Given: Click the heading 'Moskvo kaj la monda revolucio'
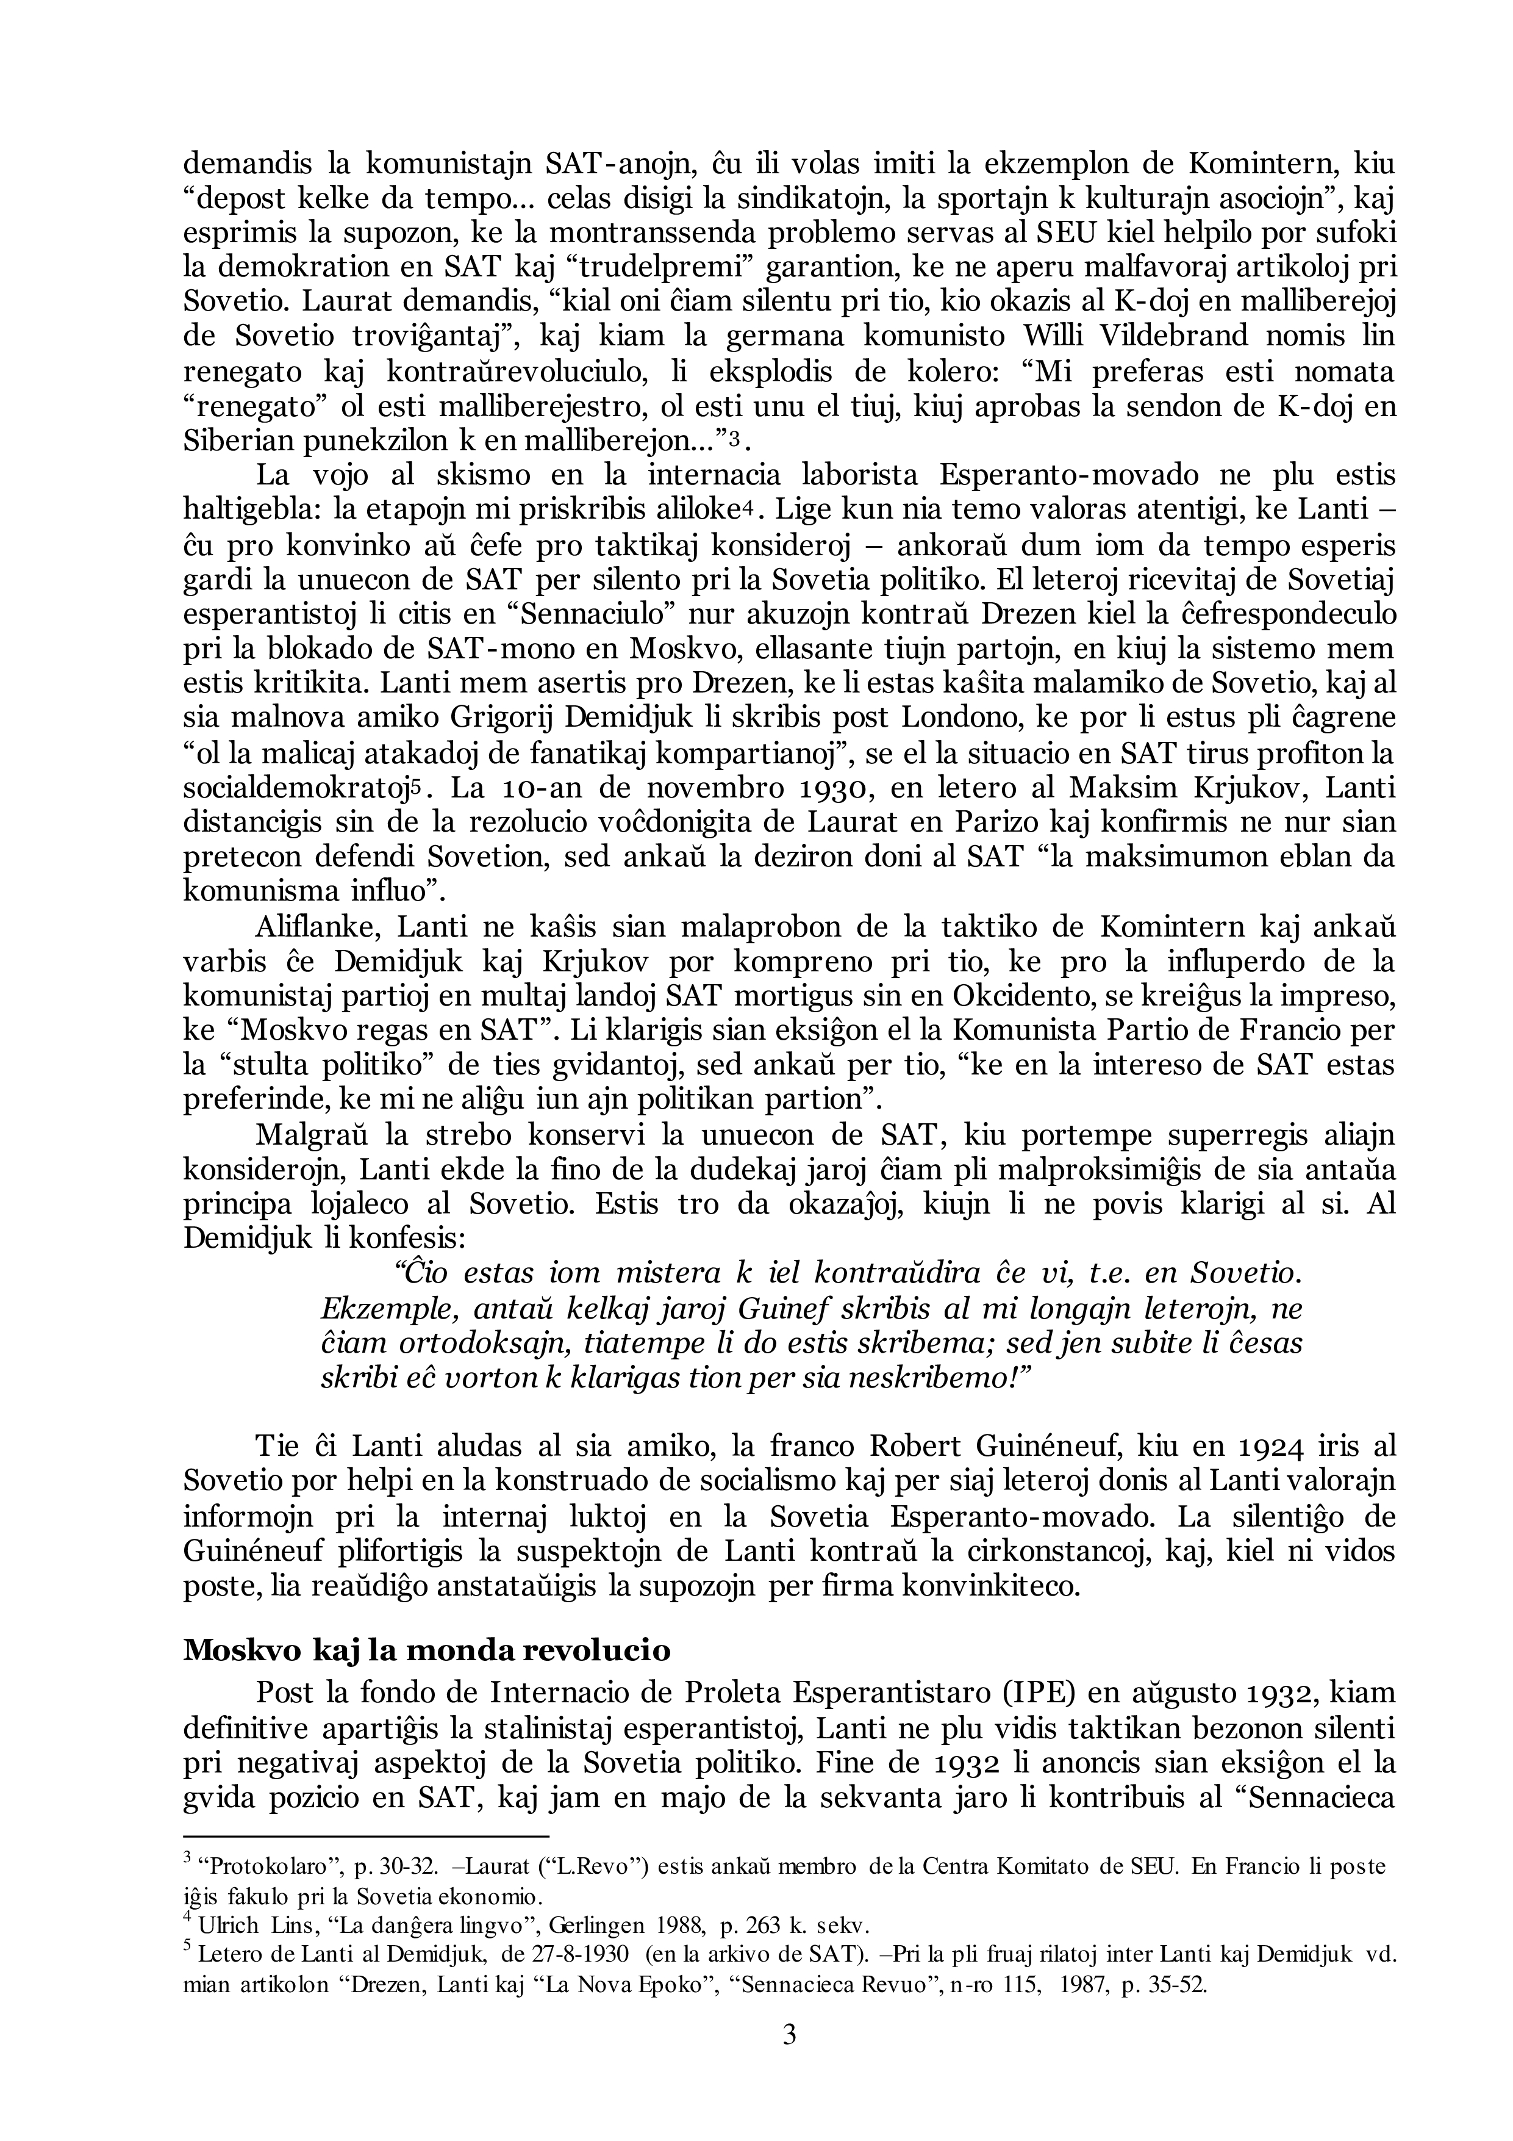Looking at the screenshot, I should pyautogui.click(x=427, y=1650).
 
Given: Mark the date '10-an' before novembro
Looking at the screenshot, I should pyautogui.click(x=551, y=788).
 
